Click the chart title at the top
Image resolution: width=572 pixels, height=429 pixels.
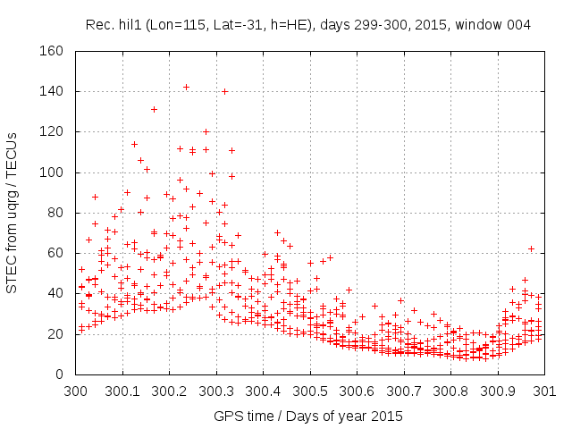pyautogui.click(x=308, y=25)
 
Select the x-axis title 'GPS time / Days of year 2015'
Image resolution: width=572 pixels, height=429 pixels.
pyautogui.click(x=308, y=416)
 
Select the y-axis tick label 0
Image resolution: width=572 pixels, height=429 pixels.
pyautogui.click(x=65, y=374)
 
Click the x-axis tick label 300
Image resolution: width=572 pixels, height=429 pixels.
pyautogui.click(x=75, y=391)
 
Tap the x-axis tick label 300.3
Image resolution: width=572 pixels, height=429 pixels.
pyautogui.click(x=215, y=391)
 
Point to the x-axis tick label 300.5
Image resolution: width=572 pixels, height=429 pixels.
pyautogui.click(x=309, y=391)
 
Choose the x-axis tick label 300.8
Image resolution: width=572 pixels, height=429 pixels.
pyautogui.click(x=450, y=391)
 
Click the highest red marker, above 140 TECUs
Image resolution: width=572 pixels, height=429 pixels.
pyautogui.click(x=186, y=87)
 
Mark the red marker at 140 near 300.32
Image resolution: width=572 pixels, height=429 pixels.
pyautogui.click(x=225, y=91)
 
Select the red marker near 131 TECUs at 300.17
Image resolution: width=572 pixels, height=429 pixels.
pyautogui.click(x=154, y=109)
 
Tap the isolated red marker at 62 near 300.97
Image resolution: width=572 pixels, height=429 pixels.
pyautogui.click(x=531, y=248)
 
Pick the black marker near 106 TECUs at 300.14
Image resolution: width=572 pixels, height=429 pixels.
pyautogui.click(x=140, y=160)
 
